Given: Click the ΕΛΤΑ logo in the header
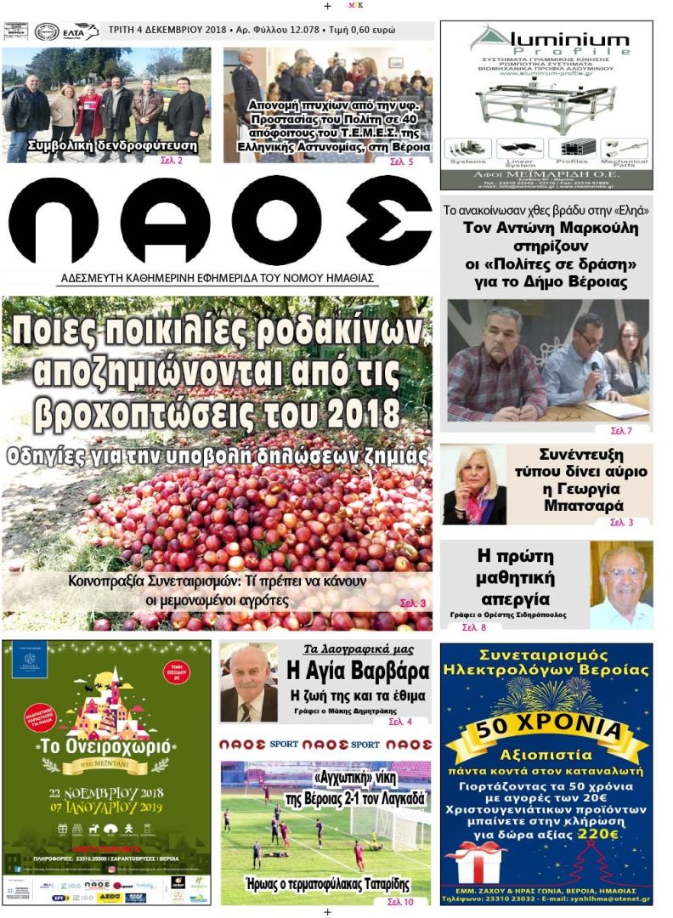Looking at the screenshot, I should pos(80,31).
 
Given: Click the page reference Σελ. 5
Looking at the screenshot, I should pos(401,161).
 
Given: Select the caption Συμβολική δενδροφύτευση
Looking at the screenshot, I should pos(112,145).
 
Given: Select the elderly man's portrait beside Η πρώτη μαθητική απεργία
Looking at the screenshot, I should pos(621,586).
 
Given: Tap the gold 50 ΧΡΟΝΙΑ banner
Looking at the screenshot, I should pos(546,728).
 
